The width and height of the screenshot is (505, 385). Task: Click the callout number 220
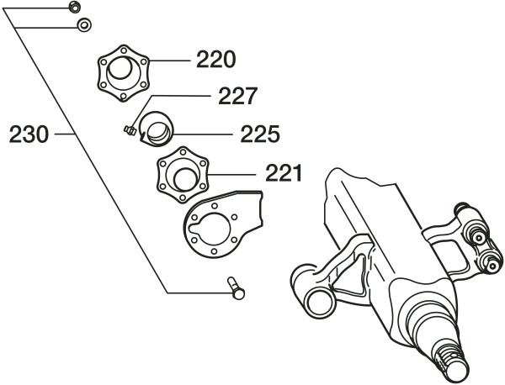tap(216, 61)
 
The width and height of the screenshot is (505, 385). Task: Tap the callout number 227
tap(237, 97)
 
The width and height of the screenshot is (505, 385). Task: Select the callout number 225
tap(260, 134)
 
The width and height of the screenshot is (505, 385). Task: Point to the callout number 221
tap(284, 174)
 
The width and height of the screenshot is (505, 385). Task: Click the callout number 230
tap(29, 134)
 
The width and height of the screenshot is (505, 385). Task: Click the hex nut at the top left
tap(74, 8)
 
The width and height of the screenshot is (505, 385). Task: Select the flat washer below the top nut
tap(84, 26)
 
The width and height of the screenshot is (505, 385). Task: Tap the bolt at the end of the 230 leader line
tap(236, 290)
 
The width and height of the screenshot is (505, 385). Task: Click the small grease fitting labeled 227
tap(130, 130)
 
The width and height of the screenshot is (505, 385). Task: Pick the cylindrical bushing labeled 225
tap(157, 127)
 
